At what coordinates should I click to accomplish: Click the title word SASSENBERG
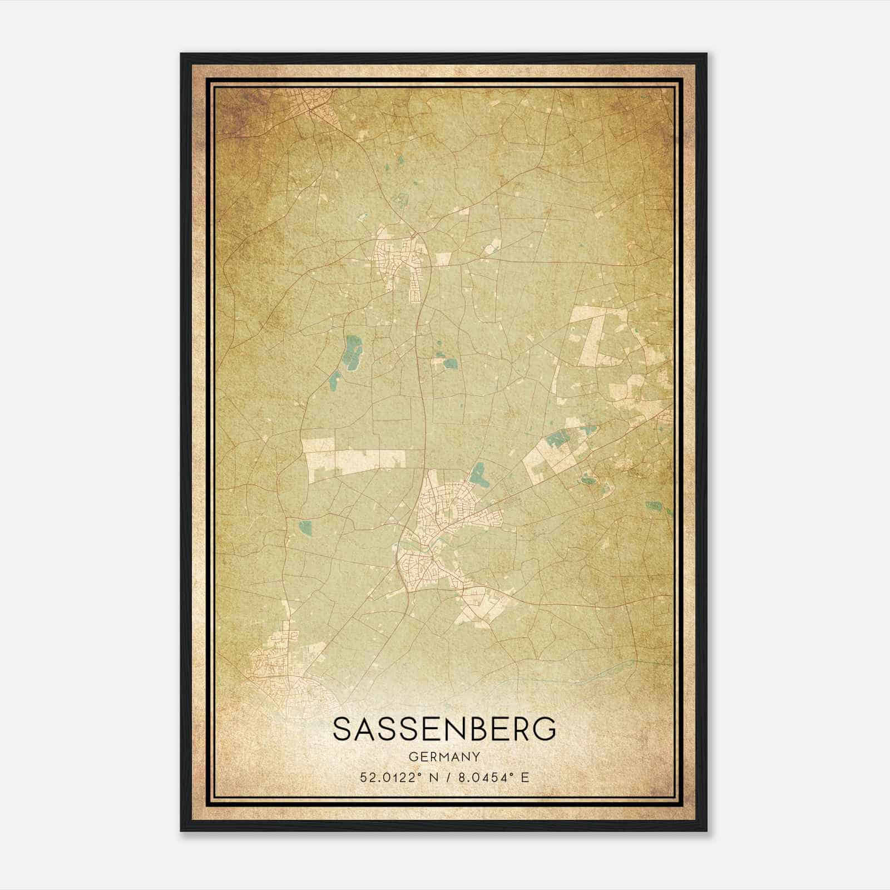(x=444, y=729)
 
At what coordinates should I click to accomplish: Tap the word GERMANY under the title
(x=444, y=756)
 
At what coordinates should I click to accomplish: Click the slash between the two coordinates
(x=446, y=777)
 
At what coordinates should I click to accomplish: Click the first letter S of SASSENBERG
(x=343, y=729)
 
